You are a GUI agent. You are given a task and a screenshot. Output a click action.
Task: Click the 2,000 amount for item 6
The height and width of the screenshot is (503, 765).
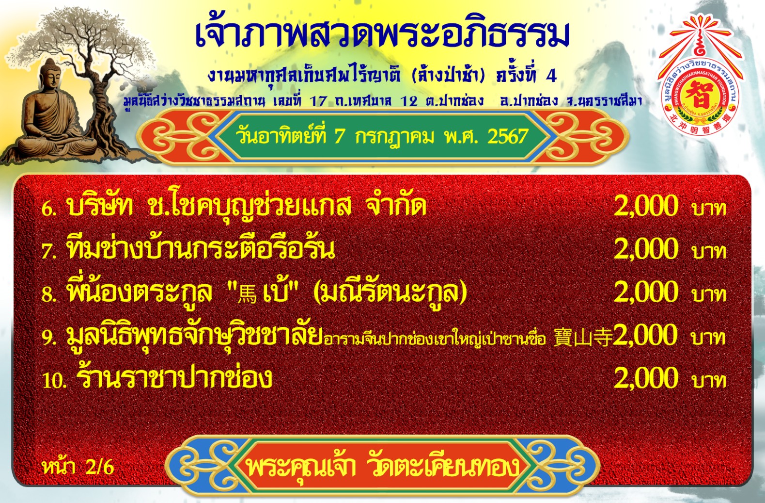click(x=646, y=206)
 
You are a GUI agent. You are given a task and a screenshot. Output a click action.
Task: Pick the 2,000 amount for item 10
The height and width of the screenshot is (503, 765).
click(x=646, y=377)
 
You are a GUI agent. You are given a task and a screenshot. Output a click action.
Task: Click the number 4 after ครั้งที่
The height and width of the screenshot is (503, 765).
click(x=551, y=76)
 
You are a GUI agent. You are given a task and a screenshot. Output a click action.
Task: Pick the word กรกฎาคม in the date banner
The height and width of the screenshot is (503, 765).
click(x=395, y=137)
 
